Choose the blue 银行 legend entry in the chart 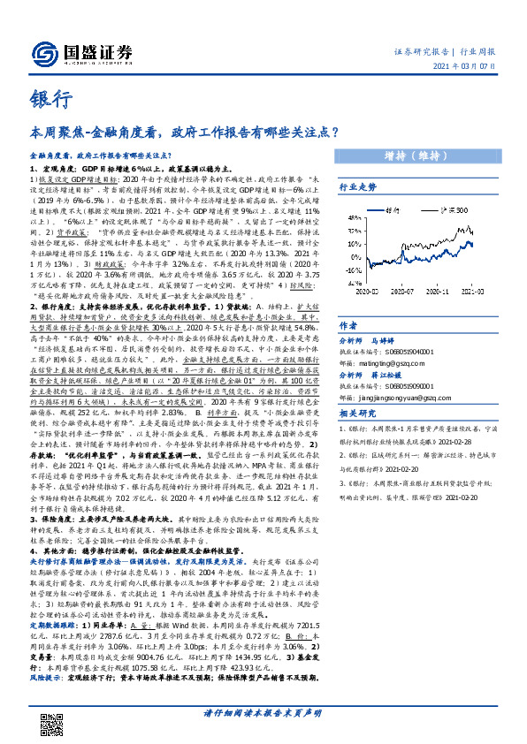[410, 212]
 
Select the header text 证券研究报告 [418, 52]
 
